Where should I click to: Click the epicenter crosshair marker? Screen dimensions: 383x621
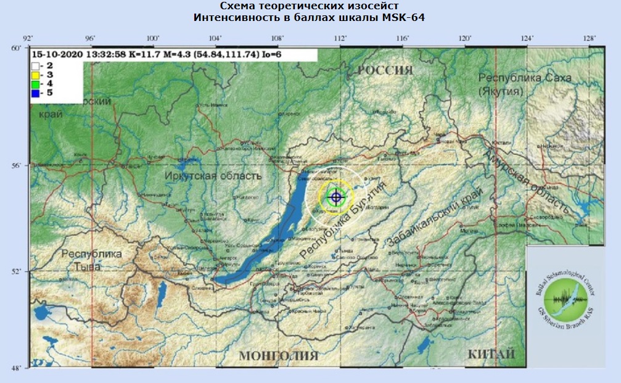tap(335, 197)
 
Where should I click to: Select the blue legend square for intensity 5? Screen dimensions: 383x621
tap(36, 93)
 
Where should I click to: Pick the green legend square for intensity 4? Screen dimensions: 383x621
tap(36, 83)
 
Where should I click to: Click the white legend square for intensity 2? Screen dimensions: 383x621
tap(36, 64)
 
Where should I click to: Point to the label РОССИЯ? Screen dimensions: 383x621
tap(385, 70)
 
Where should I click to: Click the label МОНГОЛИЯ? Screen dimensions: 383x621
tap(278, 356)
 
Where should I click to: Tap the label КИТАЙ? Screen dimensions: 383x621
tap(491, 355)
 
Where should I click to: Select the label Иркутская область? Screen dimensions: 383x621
tap(213, 176)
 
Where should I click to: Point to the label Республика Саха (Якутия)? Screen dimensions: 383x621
tap(525, 84)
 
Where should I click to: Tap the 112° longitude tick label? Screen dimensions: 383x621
tap(340, 39)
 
